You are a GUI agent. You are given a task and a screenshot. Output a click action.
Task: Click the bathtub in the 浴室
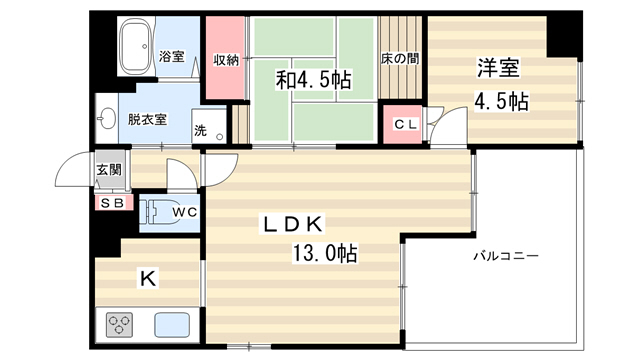pos(136,46)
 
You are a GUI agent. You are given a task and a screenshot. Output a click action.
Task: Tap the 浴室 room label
pos(171,56)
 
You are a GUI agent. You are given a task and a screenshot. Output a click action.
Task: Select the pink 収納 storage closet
pos(225,58)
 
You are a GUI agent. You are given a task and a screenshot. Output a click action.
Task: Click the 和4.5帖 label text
pos(313,80)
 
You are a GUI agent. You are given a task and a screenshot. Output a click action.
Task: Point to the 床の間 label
pos(400,59)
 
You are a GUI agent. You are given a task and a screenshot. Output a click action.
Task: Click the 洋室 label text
pos(499,68)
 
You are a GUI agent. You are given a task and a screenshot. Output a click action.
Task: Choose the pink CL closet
pos(402,124)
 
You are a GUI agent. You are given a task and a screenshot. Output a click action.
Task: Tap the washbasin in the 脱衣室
pos(107,119)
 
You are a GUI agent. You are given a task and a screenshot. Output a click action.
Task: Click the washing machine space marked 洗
pos(209,126)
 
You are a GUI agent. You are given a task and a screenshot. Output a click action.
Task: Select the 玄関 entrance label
pos(109,169)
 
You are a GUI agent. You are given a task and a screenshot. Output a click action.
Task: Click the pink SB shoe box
pos(114,203)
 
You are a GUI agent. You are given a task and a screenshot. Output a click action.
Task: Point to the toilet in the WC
pos(160,211)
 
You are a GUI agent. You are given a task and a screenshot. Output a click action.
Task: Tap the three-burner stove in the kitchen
pos(119,325)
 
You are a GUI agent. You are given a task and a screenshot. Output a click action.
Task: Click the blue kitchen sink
pos(172,325)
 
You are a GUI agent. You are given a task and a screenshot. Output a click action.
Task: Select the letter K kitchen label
pos(148,279)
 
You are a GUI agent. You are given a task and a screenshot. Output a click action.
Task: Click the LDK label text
pos(292,224)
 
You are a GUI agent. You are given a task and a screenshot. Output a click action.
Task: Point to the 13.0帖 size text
pos(324,253)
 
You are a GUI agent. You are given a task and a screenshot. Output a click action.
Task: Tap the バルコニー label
pos(506,256)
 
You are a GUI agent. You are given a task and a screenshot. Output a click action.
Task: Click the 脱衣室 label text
pos(147,120)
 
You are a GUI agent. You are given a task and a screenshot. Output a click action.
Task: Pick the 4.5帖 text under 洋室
pos(501,101)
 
